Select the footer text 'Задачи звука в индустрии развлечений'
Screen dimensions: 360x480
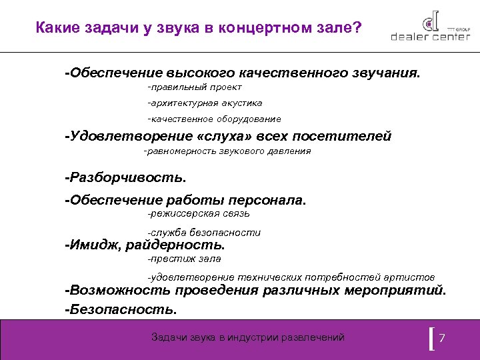(x=248, y=337)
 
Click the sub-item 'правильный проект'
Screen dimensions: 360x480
(x=195, y=87)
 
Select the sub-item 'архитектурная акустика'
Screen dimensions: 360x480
(x=205, y=103)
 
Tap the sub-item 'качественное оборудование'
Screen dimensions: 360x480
(x=215, y=119)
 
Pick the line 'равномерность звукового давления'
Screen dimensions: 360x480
(x=227, y=151)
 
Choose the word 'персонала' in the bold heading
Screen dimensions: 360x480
(x=266, y=200)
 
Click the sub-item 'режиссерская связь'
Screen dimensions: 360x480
(x=199, y=213)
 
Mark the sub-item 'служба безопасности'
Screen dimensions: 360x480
(x=205, y=233)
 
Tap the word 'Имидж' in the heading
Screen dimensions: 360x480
(x=90, y=245)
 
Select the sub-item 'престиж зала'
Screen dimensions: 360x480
(x=185, y=259)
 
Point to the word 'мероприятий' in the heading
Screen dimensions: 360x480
(x=396, y=291)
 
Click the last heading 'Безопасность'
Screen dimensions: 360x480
(x=121, y=309)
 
